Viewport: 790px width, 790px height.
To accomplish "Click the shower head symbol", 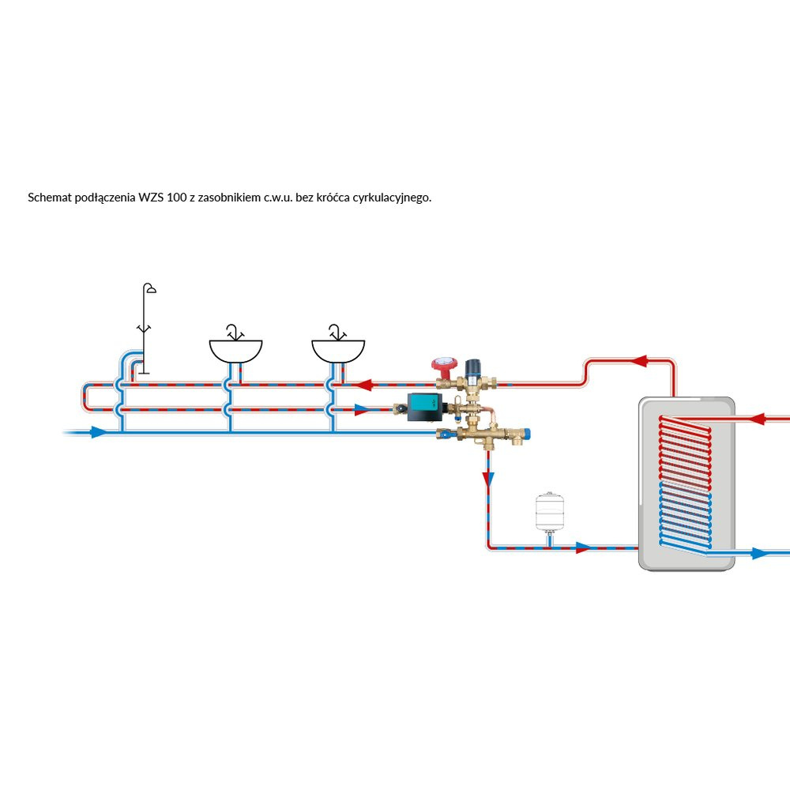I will [149, 288].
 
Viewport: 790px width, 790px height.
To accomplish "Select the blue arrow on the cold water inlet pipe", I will [97, 433].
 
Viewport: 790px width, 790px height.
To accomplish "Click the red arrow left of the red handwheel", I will [364, 386].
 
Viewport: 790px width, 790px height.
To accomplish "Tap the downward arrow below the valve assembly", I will [488, 478].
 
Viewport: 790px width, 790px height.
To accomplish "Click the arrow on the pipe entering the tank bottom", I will [583, 547].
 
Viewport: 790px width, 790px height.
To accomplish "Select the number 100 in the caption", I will [177, 197].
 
